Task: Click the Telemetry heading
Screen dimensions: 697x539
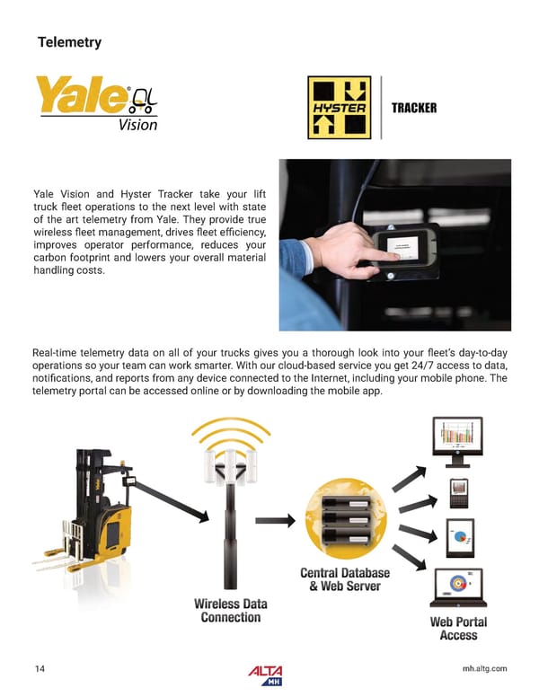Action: pos(69,42)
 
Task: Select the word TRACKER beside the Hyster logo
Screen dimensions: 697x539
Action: pos(413,109)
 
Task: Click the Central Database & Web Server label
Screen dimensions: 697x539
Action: pos(344,579)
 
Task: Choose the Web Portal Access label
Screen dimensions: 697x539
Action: pos(458,628)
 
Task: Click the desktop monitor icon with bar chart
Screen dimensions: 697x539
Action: pos(457,440)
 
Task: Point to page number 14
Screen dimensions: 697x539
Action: pos(40,668)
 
